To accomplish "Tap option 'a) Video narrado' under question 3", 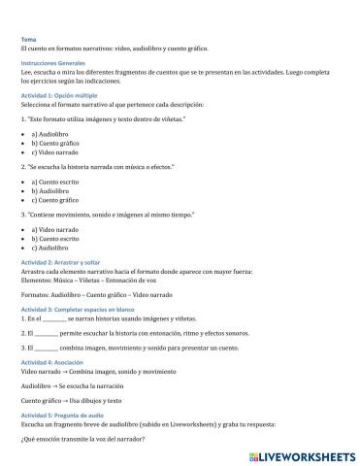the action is (x=54, y=229).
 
